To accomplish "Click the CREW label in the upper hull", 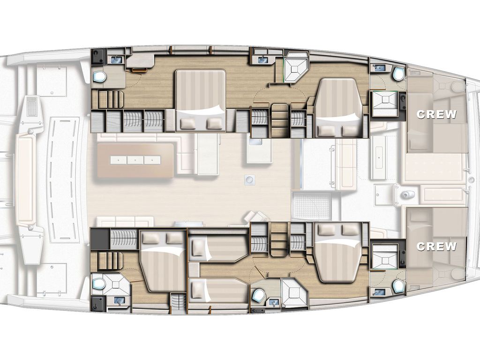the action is (436, 114).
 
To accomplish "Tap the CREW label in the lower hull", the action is (436, 247).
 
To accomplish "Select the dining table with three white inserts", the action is (135, 160).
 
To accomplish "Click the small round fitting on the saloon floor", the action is (250, 180).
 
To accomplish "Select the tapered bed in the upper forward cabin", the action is (337, 107).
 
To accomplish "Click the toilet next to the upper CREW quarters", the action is (398, 74).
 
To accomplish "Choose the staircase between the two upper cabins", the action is (279, 120).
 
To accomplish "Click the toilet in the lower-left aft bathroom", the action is (98, 285).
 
